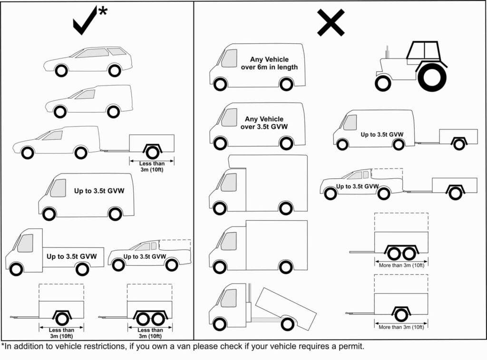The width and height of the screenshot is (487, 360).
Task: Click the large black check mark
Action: click(85, 21)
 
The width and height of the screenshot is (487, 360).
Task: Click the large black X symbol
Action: click(331, 22)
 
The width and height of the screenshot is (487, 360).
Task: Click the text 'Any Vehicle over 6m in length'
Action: click(274, 63)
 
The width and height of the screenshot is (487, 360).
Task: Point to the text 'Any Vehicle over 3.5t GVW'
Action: click(264, 123)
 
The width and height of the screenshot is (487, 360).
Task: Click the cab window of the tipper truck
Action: click(228, 298)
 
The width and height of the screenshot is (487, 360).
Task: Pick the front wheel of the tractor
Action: click(382, 83)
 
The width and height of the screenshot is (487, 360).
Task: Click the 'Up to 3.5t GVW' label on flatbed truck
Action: click(71, 256)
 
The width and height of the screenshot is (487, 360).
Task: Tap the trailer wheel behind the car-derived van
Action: click(152, 152)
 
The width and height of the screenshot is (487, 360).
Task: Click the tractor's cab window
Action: click(422, 50)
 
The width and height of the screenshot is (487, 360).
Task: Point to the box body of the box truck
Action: click(276, 244)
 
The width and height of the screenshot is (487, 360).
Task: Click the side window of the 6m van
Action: click(229, 58)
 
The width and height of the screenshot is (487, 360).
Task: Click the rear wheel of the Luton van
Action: click(285, 208)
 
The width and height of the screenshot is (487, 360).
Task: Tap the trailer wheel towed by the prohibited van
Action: click(458, 144)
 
